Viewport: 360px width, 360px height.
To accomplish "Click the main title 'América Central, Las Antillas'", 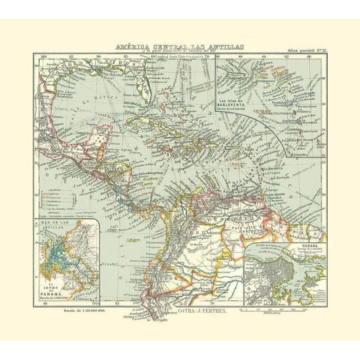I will [179, 46].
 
